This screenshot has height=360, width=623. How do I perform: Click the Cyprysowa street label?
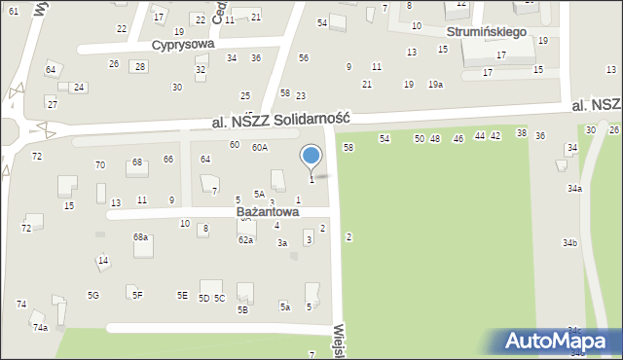[x=183, y=45]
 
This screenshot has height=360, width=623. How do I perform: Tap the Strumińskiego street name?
[x=487, y=31]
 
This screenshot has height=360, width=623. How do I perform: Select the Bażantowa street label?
[x=268, y=211]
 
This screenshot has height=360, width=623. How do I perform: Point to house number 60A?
[x=259, y=147]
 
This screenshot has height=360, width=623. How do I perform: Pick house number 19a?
[x=435, y=85]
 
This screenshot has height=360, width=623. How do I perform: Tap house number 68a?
[x=141, y=236]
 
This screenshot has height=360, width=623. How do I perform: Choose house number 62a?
[x=245, y=239]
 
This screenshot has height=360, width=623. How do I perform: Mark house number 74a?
[x=40, y=328]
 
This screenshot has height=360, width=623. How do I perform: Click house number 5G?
[x=92, y=295]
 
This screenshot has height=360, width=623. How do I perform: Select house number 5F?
[x=137, y=295]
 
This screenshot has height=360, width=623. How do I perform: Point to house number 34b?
[x=569, y=242]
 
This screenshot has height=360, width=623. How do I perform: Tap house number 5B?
[x=242, y=310]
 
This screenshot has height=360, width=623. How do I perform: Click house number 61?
[x=13, y=10]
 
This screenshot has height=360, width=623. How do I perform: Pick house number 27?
[x=52, y=104]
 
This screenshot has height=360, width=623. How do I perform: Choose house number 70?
[x=99, y=165]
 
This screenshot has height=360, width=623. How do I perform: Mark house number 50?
[x=420, y=139]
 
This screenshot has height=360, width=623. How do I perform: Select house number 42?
[x=495, y=136]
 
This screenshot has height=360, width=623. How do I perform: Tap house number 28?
[x=140, y=66]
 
